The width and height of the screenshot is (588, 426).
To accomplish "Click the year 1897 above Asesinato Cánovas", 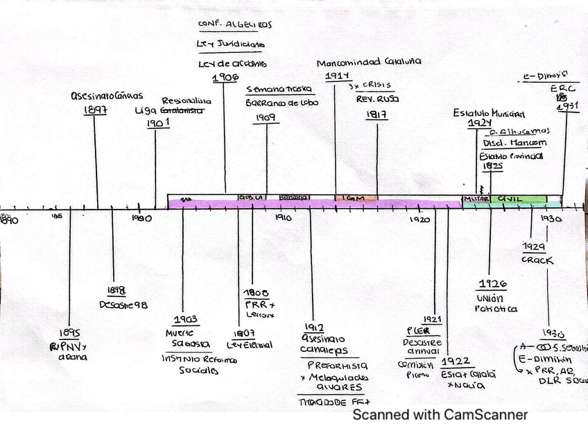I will click(95, 109).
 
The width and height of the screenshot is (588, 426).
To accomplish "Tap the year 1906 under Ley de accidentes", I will click(226, 77).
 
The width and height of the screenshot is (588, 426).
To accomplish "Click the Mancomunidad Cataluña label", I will click(369, 61).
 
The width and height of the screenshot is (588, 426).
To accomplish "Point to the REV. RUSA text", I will click(378, 99).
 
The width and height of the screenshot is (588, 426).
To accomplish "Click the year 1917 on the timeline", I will click(377, 115).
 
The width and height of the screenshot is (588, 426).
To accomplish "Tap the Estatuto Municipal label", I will click(489, 113).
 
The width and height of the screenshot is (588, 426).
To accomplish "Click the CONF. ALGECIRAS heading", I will click(235, 24).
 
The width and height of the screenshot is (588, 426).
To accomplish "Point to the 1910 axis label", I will click(282, 218).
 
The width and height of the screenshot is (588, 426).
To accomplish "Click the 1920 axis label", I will click(420, 219).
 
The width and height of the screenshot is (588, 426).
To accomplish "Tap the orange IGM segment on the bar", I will click(356, 198).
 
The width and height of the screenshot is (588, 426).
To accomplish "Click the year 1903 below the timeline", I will click(186, 320).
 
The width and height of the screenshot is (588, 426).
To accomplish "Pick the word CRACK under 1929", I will click(537, 260).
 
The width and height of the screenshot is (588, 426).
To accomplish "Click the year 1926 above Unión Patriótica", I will click(492, 284).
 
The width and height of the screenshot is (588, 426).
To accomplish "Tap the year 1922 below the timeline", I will click(458, 361).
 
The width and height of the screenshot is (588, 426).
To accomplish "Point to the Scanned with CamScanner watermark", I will click(440, 415).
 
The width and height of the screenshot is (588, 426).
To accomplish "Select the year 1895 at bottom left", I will click(69, 332).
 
